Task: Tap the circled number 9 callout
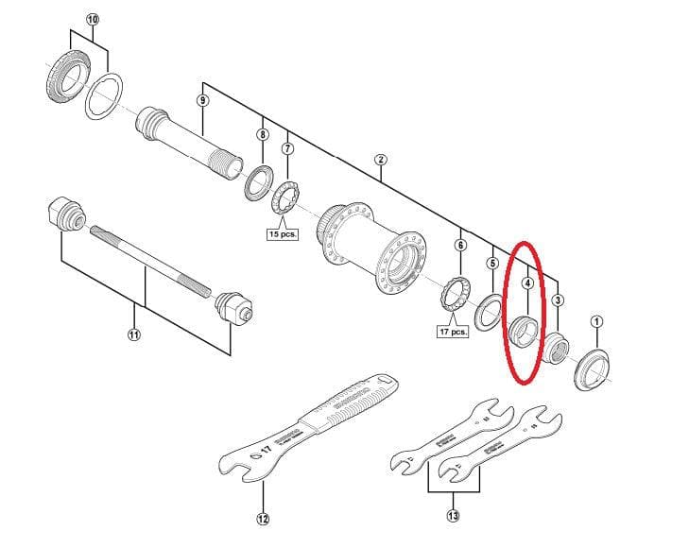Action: [x=202, y=100]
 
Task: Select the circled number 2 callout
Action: [x=380, y=160]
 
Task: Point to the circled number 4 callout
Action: [x=527, y=282]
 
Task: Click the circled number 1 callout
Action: [x=596, y=320]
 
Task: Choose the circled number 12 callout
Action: [x=262, y=518]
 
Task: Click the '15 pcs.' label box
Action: [x=283, y=234]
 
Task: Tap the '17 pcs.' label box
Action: [x=453, y=332]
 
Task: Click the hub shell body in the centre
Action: [x=372, y=246]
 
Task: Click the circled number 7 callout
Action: [x=287, y=148]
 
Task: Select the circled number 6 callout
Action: [x=460, y=245]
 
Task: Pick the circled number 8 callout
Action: [x=262, y=135]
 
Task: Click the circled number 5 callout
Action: [x=492, y=263]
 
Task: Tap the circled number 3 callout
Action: [x=559, y=300]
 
